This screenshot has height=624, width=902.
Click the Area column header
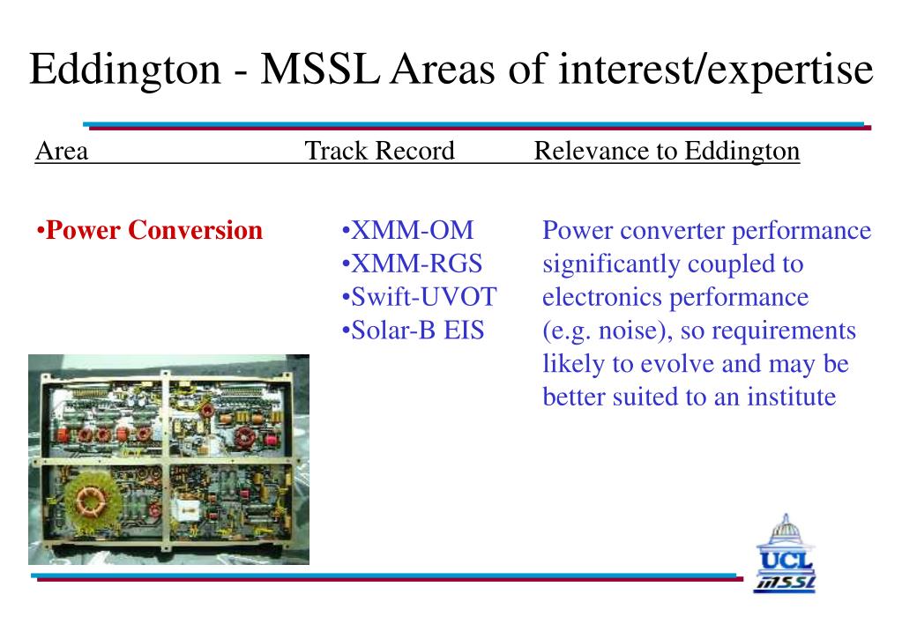tap(62, 152)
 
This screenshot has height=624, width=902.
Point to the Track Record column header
tap(379, 152)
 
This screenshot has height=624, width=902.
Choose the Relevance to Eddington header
tap(667, 152)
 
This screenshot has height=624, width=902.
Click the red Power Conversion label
tap(153, 231)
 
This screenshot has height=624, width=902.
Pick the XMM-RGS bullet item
tap(415, 264)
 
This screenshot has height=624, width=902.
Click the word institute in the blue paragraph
tap(791, 397)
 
